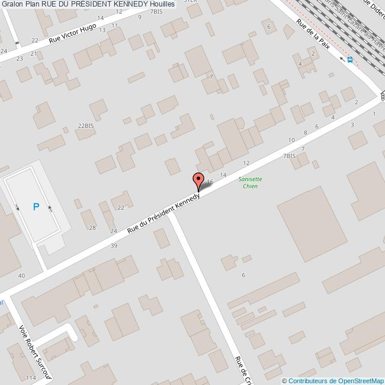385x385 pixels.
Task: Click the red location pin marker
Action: (198, 181)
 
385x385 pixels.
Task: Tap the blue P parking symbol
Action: (36, 207)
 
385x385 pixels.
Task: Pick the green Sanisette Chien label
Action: (250, 182)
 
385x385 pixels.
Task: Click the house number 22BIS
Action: (86, 126)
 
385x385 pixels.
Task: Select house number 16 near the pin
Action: (210, 181)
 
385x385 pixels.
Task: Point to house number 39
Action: (114, 245)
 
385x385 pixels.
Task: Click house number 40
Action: (21, 275)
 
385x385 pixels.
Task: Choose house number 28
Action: (92, 227)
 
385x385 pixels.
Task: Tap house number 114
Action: (30, 377)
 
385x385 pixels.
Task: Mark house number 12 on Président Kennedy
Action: (246, 162)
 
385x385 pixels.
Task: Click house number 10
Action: (291, 140)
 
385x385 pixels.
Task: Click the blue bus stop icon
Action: (350, 59)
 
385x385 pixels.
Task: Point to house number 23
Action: (20, 58)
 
